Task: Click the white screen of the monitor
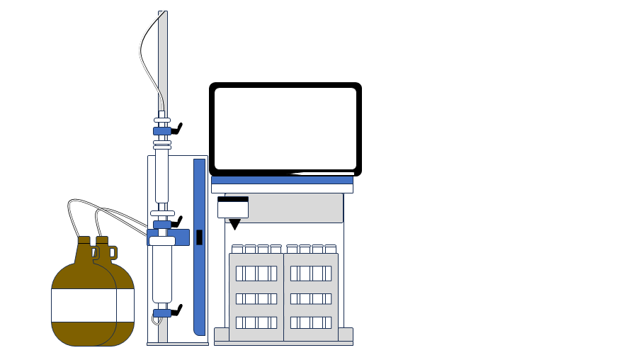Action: (x=285, y=128)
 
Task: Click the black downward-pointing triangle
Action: (x=234, y=224)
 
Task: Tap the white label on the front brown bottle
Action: (x=84, y=305)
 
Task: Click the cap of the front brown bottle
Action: (x=84, y=240)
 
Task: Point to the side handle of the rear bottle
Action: (x=113, y=252)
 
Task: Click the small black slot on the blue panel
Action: (x=199, y=237)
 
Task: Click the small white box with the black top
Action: (x=233, y=208)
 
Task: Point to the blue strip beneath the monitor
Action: (x=282, y=180)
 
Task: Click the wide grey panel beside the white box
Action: (x=295, y=208)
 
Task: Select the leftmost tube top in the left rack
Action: (x=237, y=249)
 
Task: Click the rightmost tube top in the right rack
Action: (x=330, y=249)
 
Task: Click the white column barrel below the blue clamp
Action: (x=162, y=273)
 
